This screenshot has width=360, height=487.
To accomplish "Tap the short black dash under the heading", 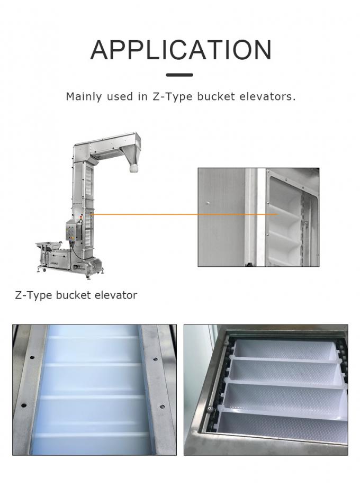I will [180, 75].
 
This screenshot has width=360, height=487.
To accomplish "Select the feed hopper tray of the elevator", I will [48, 246].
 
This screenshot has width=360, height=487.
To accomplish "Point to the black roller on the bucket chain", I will [210, 409].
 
